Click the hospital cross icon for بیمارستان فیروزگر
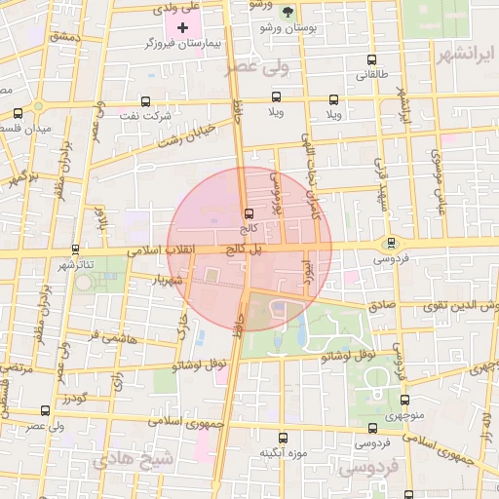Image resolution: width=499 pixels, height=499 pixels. [182, 26]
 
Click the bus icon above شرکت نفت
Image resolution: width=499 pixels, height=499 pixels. [145, 100]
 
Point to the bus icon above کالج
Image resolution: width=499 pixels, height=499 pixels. [248, 212]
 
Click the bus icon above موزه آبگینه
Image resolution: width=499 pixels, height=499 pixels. [283, 438]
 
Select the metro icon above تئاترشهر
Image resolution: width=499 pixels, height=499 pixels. [98, 249]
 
